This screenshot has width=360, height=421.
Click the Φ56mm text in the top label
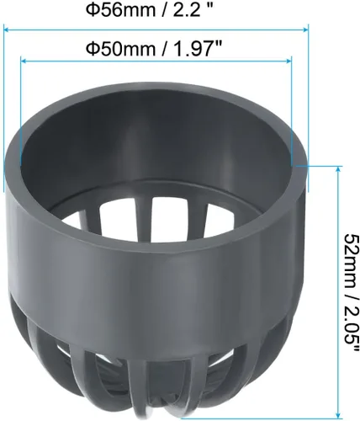(121, 10)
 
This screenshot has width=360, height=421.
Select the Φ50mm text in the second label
(121, 49)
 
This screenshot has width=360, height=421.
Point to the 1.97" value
(199, 49)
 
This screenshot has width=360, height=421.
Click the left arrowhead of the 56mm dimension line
(7, 29)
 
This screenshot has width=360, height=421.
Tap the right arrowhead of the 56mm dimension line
(305, 29)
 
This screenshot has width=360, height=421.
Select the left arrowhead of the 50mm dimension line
(24, 61)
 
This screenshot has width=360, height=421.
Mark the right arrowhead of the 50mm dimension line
(289, 61)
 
